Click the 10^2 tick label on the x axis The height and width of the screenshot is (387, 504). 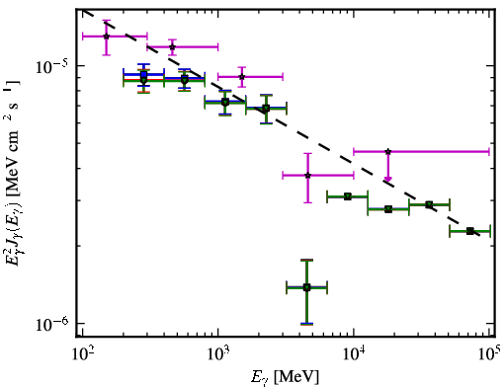82,355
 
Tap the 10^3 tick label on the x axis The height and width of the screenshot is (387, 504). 218,355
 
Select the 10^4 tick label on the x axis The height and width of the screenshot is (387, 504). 354,355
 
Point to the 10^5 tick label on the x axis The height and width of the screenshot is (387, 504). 489,354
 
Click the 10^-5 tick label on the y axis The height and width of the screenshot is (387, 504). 52,67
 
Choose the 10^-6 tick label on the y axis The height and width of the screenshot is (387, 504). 52,324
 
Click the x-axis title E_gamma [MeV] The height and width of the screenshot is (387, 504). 285,377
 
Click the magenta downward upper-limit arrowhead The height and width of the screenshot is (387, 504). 388,179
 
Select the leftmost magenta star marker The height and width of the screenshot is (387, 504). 106,37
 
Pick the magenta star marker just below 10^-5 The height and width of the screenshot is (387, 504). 242,77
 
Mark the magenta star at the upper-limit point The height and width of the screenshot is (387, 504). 388,152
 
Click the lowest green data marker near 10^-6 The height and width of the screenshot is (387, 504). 306,287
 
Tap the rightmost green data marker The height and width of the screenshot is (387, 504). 470,231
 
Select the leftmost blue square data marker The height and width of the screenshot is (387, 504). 143,75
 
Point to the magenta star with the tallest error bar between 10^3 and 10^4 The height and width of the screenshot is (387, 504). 307,176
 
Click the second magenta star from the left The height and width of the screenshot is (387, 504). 172,46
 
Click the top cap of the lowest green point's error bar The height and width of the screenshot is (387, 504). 306,261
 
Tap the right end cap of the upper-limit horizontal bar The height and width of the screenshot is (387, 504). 489,152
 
